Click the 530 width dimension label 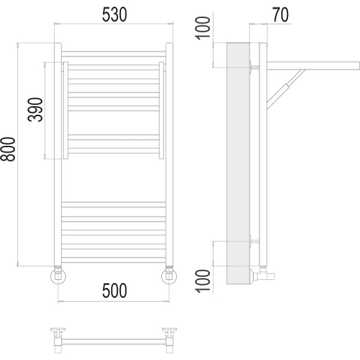click(x=114, y=14)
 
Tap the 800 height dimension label click(x=8, y=149)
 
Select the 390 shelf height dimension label click(x=35, y=109)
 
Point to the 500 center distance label click(x=114, y=290)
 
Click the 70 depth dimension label click(x=281, y=15)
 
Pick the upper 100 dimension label click(x=202, y=28)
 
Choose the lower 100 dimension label click(x=202, y=281)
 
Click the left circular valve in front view click(x=58, y=276)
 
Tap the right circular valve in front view click(x=169, y=276)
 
